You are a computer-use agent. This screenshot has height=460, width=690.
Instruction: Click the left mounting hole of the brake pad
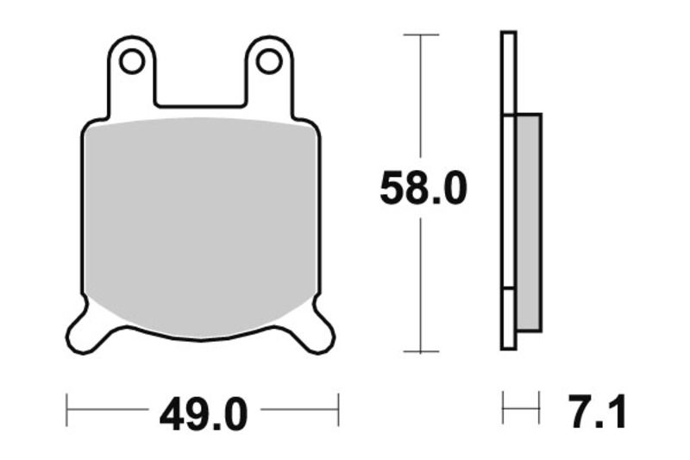[131, 61]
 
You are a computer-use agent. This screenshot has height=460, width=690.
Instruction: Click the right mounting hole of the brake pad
[268, 61]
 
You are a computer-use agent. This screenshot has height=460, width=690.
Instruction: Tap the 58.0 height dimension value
[423, 189]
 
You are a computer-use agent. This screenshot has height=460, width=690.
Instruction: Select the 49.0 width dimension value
[204, 415]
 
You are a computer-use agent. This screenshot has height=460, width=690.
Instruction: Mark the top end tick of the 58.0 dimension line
[421, 35]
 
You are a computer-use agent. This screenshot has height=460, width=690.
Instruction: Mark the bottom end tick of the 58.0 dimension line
[421, 351]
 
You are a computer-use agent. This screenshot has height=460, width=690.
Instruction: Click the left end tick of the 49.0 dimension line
[67, 410]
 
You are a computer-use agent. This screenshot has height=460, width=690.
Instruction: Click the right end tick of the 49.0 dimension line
[338, 410]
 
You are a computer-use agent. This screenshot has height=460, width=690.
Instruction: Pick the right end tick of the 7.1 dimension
[539, 406]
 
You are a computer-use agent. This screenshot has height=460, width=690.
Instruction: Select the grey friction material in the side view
[528, 223]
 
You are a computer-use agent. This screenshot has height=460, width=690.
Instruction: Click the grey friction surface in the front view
[200, 224]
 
